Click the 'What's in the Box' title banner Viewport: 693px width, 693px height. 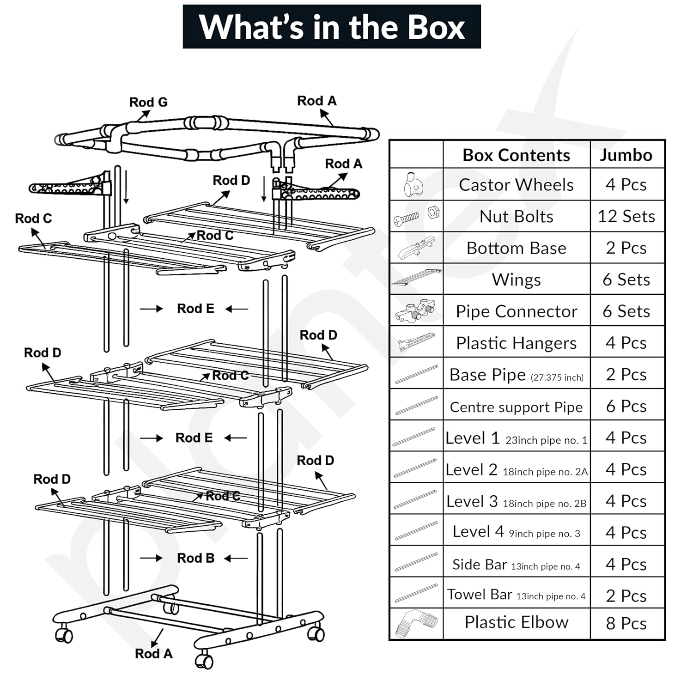(332, 27)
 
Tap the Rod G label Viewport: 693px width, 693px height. (148, 102)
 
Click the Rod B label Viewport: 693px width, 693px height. (196, 558)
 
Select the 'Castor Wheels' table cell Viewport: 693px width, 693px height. (517, 185)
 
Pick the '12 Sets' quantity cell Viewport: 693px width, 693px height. (627, 216)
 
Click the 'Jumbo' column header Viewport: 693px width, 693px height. (626, 155)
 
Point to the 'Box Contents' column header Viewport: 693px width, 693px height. (517, 155)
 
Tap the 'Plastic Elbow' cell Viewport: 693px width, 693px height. (517, 622)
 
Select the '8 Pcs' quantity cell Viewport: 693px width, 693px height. (626, 624)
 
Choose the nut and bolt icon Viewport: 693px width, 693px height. (416, 216)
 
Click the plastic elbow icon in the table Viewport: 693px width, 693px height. (416, 624)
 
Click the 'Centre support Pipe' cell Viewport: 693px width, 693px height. (517, 407)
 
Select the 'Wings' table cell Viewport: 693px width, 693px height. (517, 280)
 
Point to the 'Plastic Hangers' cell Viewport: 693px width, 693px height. (517, 343)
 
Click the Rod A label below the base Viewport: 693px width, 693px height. (154, 654)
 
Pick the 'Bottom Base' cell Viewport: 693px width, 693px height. (517, 248)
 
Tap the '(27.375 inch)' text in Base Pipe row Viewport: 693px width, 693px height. (557, 377)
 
